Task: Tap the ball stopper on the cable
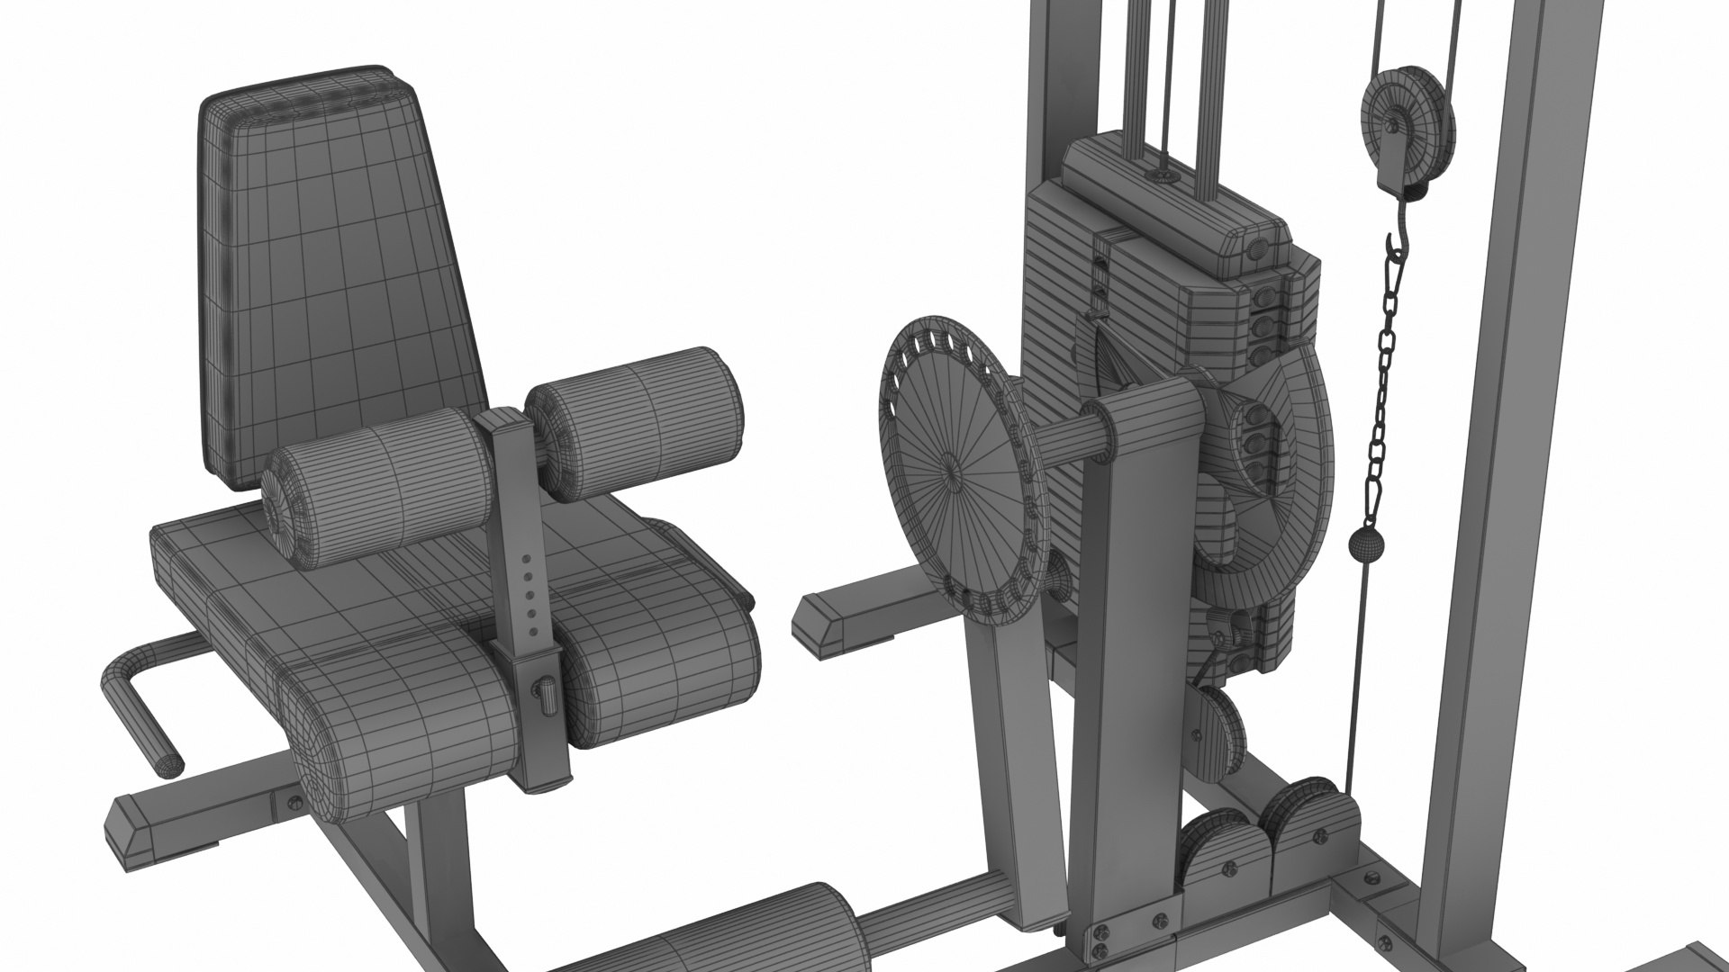[x=1363, y=544]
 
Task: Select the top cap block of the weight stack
[x=1171, y=207]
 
